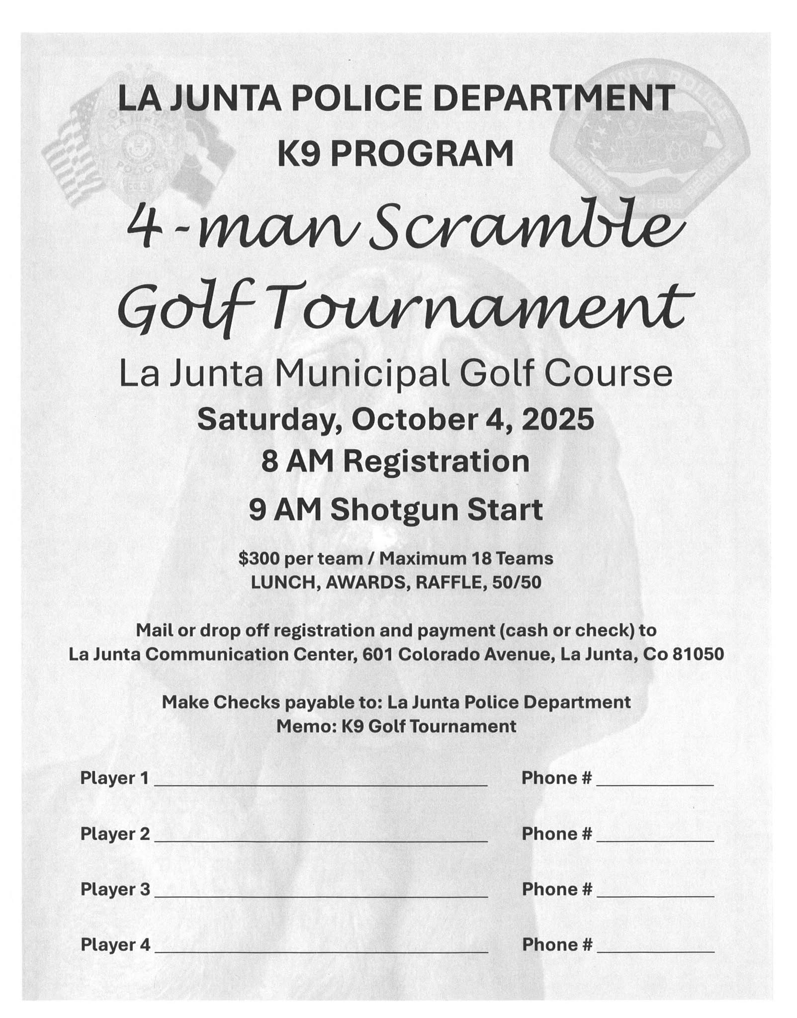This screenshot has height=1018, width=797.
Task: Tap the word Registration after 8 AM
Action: pos(436,462)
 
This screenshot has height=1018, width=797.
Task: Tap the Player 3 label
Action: pos(115,889)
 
